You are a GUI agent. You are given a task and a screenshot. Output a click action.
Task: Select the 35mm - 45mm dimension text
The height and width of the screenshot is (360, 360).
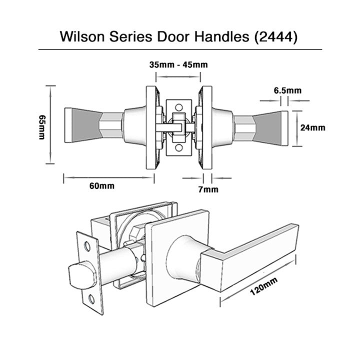(x=178, y=64)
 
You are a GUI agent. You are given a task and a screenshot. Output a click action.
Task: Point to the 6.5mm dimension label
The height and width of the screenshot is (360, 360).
(x=287, y=90)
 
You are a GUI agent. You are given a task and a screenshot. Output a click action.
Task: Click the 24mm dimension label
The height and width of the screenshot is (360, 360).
(x=312, y=127)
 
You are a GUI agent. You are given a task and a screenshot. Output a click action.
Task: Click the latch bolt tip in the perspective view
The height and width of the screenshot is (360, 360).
(x=75, y=274)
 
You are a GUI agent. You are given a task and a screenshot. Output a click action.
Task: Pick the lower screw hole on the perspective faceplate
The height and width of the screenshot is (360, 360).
(x=93, y=298)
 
